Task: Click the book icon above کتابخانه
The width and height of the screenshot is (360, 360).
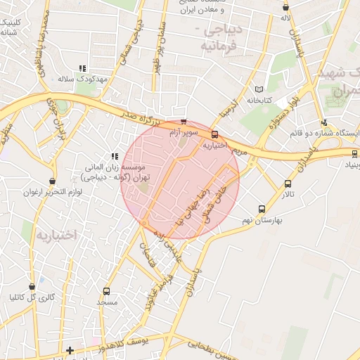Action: pos(259,89)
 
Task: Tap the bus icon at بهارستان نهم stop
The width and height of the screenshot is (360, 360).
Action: pos(262,209)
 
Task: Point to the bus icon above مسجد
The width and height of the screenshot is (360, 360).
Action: pos(107,291)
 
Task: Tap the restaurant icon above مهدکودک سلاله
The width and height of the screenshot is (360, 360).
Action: pos(82,68)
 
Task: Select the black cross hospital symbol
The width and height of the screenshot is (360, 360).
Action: pos(69,349)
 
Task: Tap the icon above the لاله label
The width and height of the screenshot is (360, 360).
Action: pos(285,6)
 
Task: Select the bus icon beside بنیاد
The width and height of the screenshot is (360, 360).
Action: pos(355,153)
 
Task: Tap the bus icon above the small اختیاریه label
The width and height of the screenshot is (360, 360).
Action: pos(214,134)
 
